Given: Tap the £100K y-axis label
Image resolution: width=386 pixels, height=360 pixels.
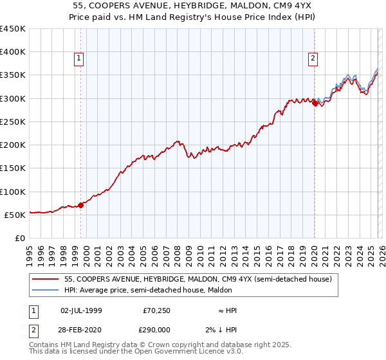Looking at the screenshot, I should coord(13,192).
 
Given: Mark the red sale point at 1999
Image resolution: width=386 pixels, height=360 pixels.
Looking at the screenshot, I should coord(81,206).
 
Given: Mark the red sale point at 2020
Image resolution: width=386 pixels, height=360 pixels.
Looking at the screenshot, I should coord(315,103).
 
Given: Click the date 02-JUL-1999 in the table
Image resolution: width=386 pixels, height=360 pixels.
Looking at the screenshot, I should coord(81,310).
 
